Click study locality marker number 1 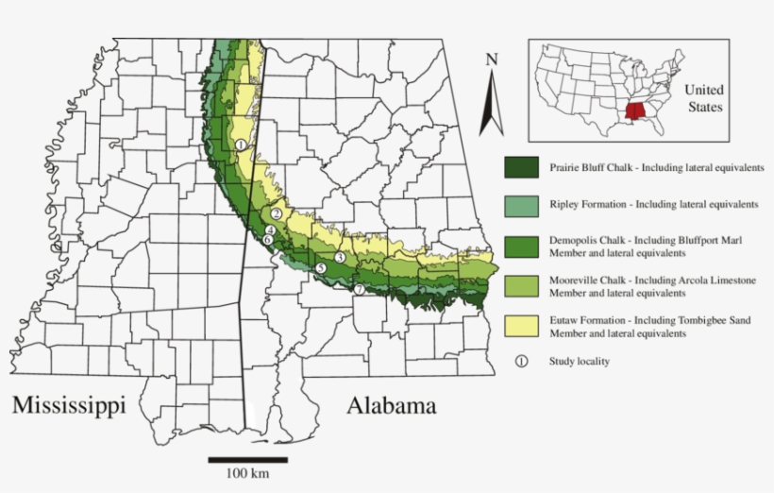(242, 144)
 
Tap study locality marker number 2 (276, 213)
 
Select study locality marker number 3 (339, 257)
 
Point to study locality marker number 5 (321, 268)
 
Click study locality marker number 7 (359, 288)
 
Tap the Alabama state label (391, 406)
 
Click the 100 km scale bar (248, 460)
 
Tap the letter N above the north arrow (491, 59)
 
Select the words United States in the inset (703, 98)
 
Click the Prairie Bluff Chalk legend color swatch (521, 168)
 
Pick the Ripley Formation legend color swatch (521, 204)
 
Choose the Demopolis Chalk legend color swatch (521, 246)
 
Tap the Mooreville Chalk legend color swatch (521, 286)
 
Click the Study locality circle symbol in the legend (521, 361)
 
